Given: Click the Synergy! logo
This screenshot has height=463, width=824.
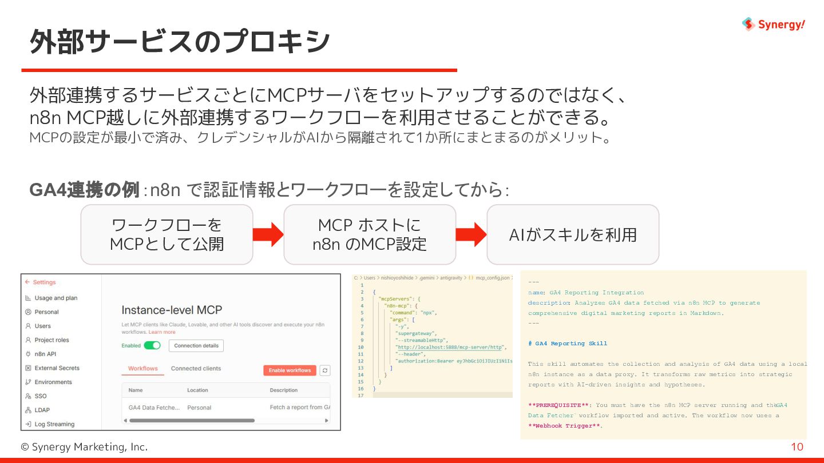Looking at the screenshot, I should click(774, 24).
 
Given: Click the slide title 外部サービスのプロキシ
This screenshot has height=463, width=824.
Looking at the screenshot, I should click(180, 42).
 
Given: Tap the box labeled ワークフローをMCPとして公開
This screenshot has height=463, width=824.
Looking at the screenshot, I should click(167, 234).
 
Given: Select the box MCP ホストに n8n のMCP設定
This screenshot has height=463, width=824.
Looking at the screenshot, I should click(370, 234).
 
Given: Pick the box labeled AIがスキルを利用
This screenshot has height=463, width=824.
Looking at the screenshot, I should click(573, 234).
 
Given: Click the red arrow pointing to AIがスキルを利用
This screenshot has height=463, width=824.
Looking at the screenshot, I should click(471, 234).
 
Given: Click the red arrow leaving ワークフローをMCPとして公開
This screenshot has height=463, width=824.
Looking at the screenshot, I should click(268, 234).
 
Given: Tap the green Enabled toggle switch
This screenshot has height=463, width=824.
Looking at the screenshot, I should click(152, 345).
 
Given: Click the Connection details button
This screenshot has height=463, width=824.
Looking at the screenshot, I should click(196, 345).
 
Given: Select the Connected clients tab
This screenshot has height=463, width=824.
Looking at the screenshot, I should click(196, 369).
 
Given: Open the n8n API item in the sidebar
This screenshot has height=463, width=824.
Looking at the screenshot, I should click(45, 354).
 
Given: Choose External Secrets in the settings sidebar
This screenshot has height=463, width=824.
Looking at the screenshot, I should click(57, 368).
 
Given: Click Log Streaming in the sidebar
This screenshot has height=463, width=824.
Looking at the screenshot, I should click(54, 424).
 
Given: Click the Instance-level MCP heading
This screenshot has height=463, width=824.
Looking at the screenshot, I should click(172, 310).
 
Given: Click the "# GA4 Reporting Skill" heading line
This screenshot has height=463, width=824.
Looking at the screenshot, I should click(568, 344).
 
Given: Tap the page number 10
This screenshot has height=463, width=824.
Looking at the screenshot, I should click(797, 447).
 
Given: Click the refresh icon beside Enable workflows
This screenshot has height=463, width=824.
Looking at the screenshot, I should click(325, 370).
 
